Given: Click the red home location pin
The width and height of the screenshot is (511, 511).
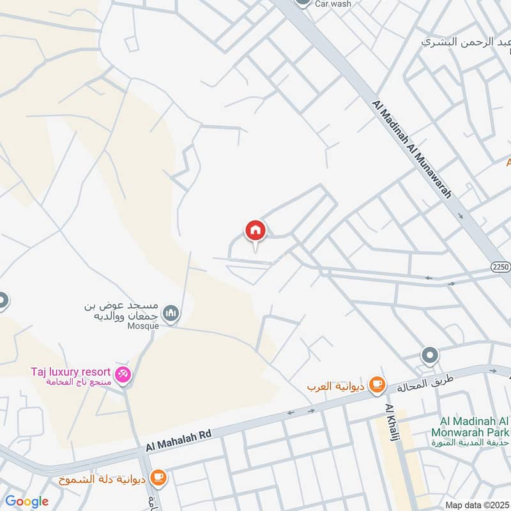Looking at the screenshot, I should coord(256,231).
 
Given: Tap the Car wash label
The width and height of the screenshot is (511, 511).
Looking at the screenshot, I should coord(333,4).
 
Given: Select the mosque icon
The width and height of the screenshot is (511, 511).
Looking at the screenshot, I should coord(171,312).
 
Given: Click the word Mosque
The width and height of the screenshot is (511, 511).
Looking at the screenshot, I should coord(142,325).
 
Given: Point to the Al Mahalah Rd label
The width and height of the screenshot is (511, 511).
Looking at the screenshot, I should coord(178,440).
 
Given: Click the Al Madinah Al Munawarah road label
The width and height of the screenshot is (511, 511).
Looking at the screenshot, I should coord(416,151).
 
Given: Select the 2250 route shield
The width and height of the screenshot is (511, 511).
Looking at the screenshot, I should coord(501,267).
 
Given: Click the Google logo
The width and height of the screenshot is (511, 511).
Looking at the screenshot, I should coord(27,501).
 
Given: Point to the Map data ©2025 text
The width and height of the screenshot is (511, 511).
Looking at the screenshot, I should coord(476,505).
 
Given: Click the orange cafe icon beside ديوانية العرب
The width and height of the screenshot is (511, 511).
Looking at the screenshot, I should coord(378,383).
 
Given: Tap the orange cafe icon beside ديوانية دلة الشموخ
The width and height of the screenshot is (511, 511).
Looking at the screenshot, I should coord(158,477).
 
